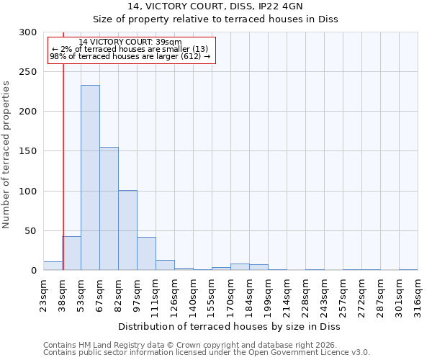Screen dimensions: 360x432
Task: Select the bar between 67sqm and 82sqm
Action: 109,209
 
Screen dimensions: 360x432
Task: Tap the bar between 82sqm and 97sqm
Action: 127,230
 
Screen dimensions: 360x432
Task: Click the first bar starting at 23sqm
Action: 53,266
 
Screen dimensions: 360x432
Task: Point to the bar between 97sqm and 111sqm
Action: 146,253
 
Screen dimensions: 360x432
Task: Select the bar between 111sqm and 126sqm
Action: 165,265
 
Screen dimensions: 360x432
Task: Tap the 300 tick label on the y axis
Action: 28,32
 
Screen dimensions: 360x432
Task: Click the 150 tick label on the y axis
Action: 28,151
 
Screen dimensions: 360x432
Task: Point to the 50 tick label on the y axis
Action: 31,231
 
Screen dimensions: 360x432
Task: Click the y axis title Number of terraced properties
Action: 6,155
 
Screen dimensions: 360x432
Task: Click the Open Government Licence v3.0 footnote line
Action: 207,353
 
